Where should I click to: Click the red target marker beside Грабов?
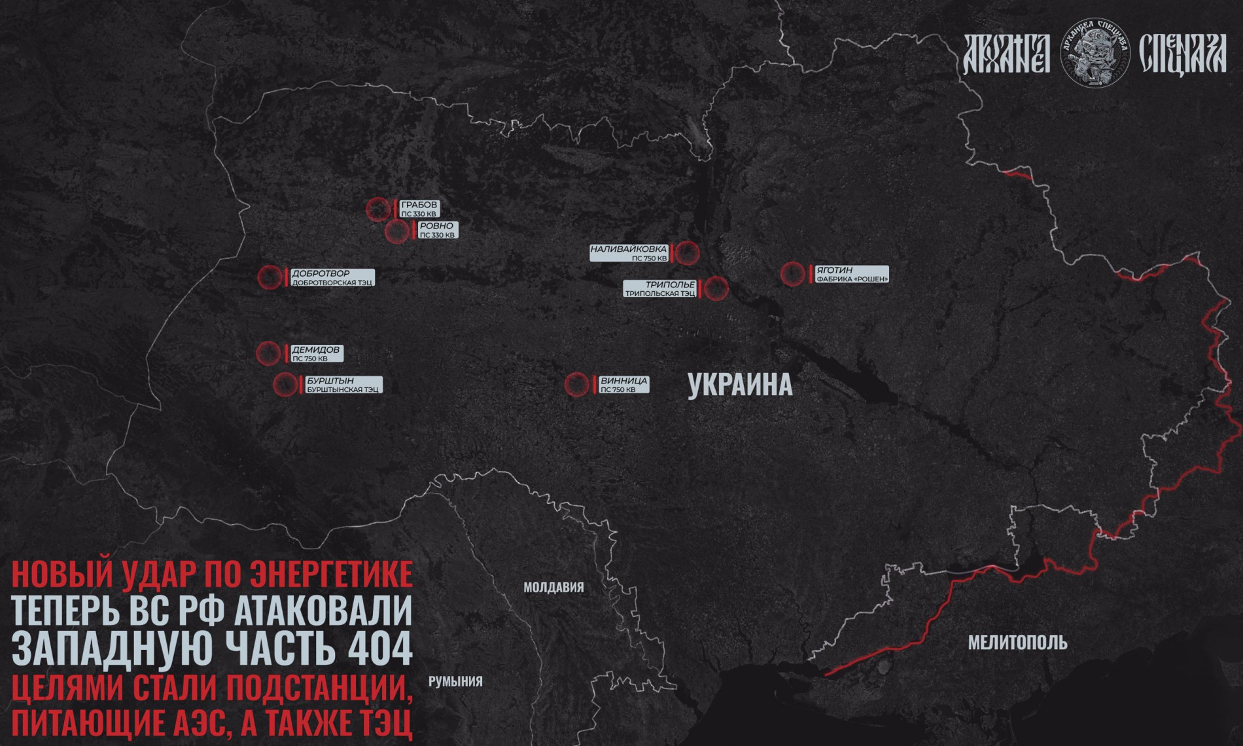[x=378, y=209]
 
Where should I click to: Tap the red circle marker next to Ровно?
[x=396, y=231]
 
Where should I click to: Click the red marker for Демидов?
[x=268, y=353]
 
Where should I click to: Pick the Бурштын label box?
[x=343, y=385]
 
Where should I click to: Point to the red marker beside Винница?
[x=576, y=385]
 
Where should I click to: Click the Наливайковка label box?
[x=629, y=253]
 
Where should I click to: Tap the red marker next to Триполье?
[x=716, y=288]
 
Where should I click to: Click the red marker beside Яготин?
[x=792, y=274]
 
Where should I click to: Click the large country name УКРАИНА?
[x=740, y=385]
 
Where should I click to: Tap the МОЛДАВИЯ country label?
[x=553, y=588]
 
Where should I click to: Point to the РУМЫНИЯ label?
[x=455, y=682]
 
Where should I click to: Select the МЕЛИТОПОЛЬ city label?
[x=1017, y=643]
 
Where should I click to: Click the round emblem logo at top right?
[x=1094, y=53]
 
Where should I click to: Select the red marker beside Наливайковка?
[x=686, y=253]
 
